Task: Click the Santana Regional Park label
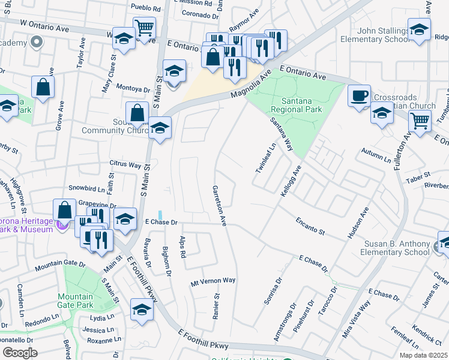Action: pyautogui.click(x=296, y=105)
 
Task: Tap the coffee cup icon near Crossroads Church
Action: pyautogui.click(x=359, y=96)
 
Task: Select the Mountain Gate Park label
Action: pyautogui.click(x=76, y=301)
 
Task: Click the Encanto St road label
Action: pyautogui.click(x=310, y=226)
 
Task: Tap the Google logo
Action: pyautogui.click(x=20, y=352)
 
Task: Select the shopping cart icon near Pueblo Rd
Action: pyautogui.click(x=144, y=28)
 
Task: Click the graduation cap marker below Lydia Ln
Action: pyautogui.click(x=142, y=310)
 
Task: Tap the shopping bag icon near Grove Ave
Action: pyautogui.click(x=43, y=87)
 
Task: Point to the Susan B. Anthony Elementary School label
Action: pyautogui.click(x=396, y=248)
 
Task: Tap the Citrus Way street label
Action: pyautogui.click(x=125, y=164)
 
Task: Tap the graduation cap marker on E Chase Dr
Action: pyautogui.click(x=125, y=218)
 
